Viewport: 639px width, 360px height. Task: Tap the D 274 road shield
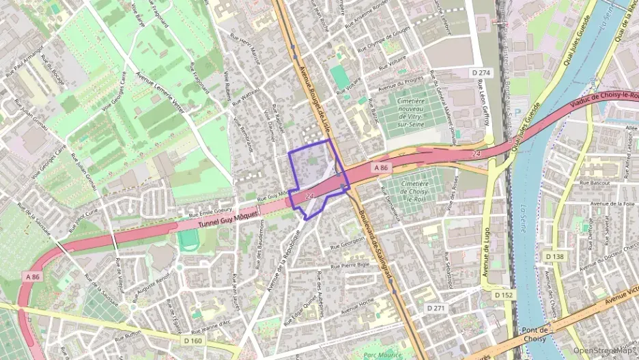[481, 72]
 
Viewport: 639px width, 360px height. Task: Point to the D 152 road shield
[505, 294]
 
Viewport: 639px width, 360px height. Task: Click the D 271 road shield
[436, 308]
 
